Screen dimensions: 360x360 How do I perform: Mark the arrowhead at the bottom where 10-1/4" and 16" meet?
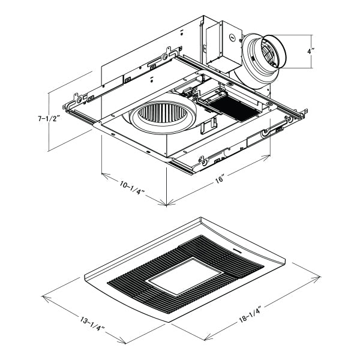click(x=165, y=205)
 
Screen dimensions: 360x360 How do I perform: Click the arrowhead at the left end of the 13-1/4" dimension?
click(x=44, y=296)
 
